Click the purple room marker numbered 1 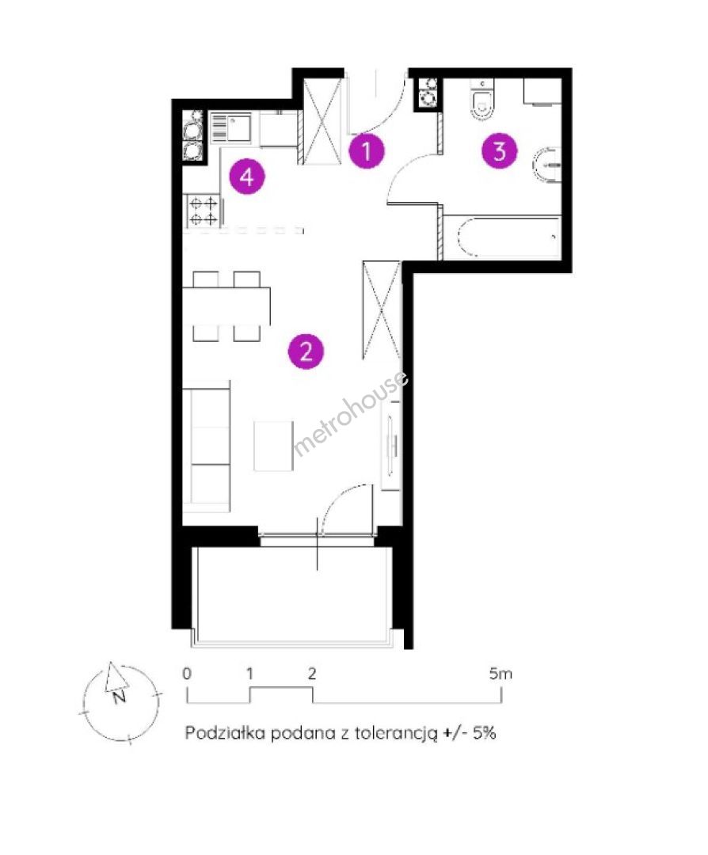pos(367,150)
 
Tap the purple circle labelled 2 pos(306,351)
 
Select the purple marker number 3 pos(499,151)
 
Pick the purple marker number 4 pos(247,177)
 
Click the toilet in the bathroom pos(482,99)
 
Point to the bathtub pos(502,237)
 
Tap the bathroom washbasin pos(548,165)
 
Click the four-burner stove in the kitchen pos(203,211)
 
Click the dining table pos(226,306)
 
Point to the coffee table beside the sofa pos(273,446)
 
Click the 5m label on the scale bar pos(501,674)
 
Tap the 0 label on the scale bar pos(187,674)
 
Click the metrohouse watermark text pos(350,414)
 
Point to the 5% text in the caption pos(485,732)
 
